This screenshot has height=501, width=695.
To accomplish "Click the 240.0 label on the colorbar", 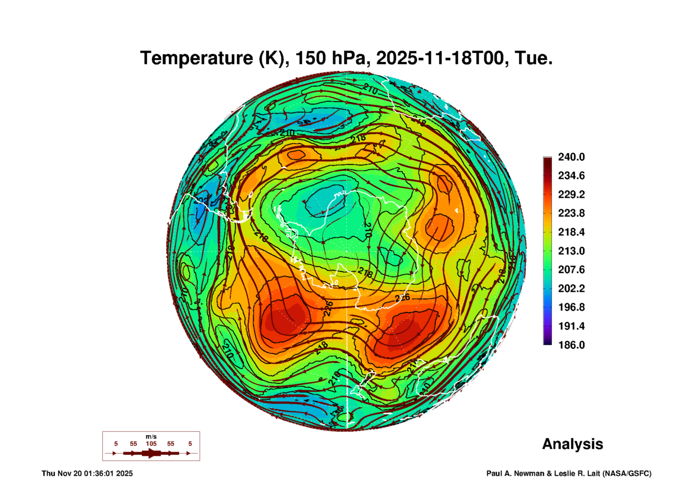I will [571, 157].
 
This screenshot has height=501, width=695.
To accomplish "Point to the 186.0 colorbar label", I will [571, 345].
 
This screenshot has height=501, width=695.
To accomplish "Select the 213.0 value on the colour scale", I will [571, 251].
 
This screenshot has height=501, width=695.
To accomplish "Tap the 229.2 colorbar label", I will [571, 194].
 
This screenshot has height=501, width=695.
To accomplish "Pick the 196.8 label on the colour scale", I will [571, 307].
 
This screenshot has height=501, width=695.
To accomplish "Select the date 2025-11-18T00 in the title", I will [440, 58].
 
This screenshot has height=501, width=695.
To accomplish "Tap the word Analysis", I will [572, 444].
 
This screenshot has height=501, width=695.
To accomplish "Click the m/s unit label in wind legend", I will [151, 436].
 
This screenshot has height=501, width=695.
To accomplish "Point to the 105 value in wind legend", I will [151, 444].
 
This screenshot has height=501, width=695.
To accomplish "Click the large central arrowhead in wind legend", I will [151, 453].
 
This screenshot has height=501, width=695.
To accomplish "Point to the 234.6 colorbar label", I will [571, 176].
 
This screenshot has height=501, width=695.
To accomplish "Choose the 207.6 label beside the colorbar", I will [571, 270].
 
